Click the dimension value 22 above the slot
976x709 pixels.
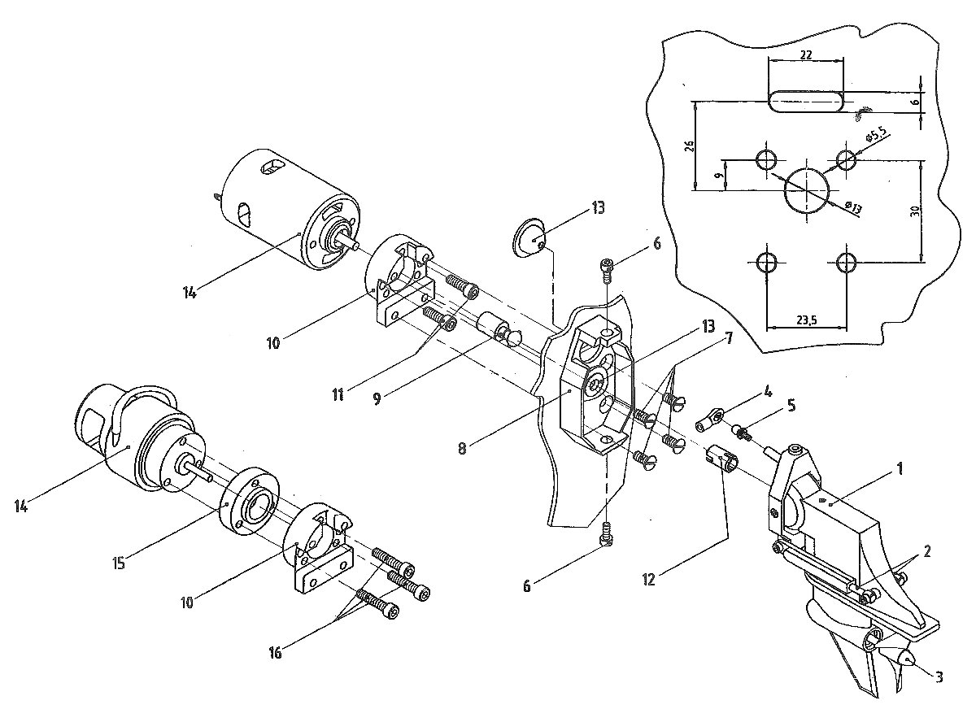click(x=807, y=54)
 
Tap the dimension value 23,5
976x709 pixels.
click(x=807, y=320)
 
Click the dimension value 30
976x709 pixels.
click(x=915, y=211)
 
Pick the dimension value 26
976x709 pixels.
click(x=690, y=146)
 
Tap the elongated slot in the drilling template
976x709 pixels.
click(x=806, y=102)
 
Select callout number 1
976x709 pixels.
click(x=900, y=469)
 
